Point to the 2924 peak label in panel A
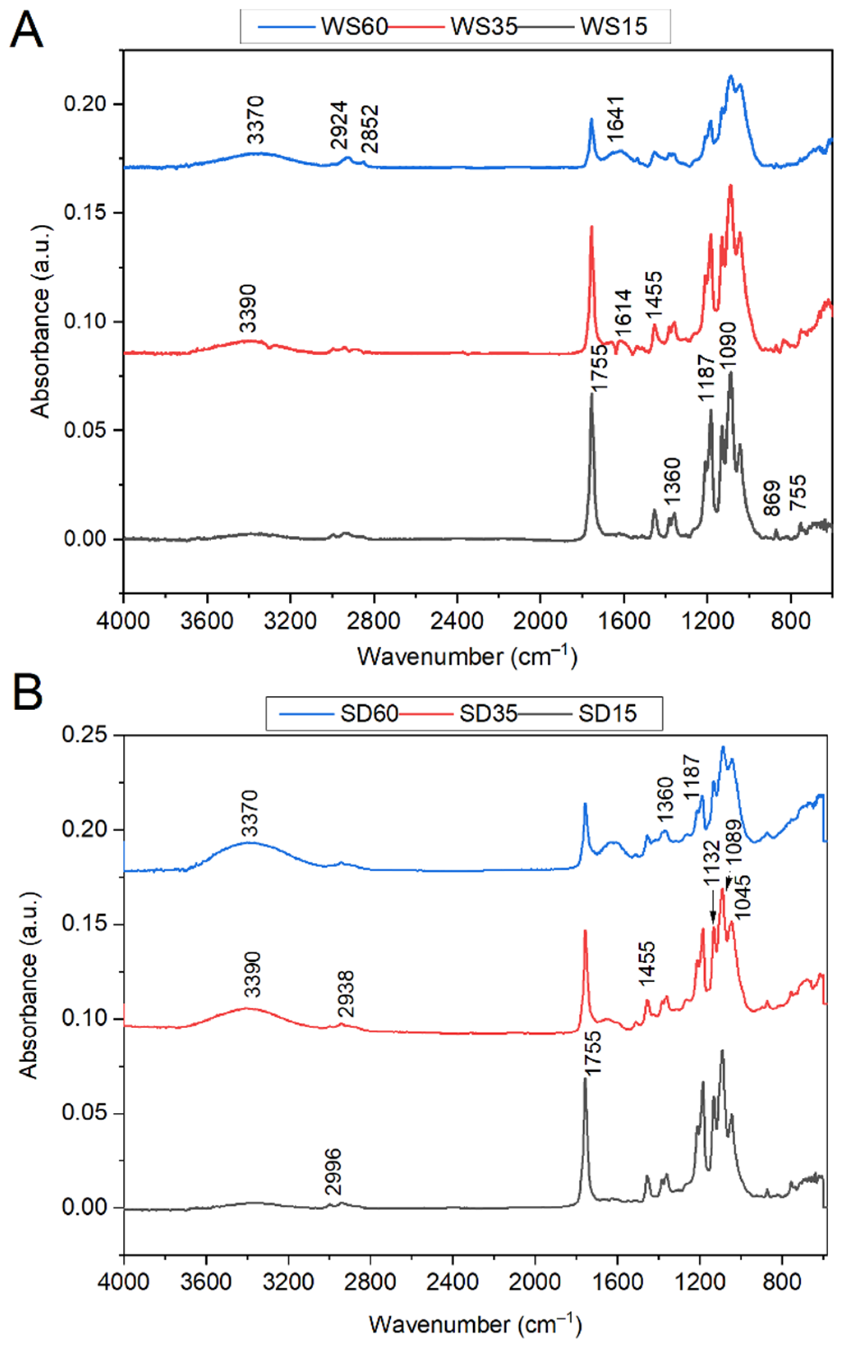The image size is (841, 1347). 338,125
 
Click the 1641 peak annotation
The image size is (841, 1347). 615,117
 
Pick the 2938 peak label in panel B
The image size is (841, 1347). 345,993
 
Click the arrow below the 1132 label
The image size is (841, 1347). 712,905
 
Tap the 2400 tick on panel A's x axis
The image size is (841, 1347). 456,620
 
